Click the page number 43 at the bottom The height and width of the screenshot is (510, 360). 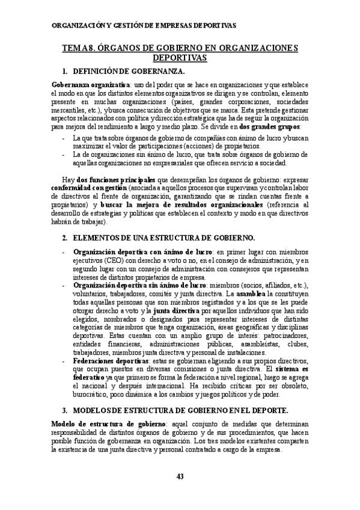(x=180, y=477)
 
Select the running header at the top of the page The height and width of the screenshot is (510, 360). (x=144, y=25)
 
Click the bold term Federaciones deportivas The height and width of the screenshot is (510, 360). (x=108, y=361)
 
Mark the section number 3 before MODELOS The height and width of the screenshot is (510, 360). (x=64, y=410)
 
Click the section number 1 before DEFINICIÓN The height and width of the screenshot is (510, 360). (x=64, y=70)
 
